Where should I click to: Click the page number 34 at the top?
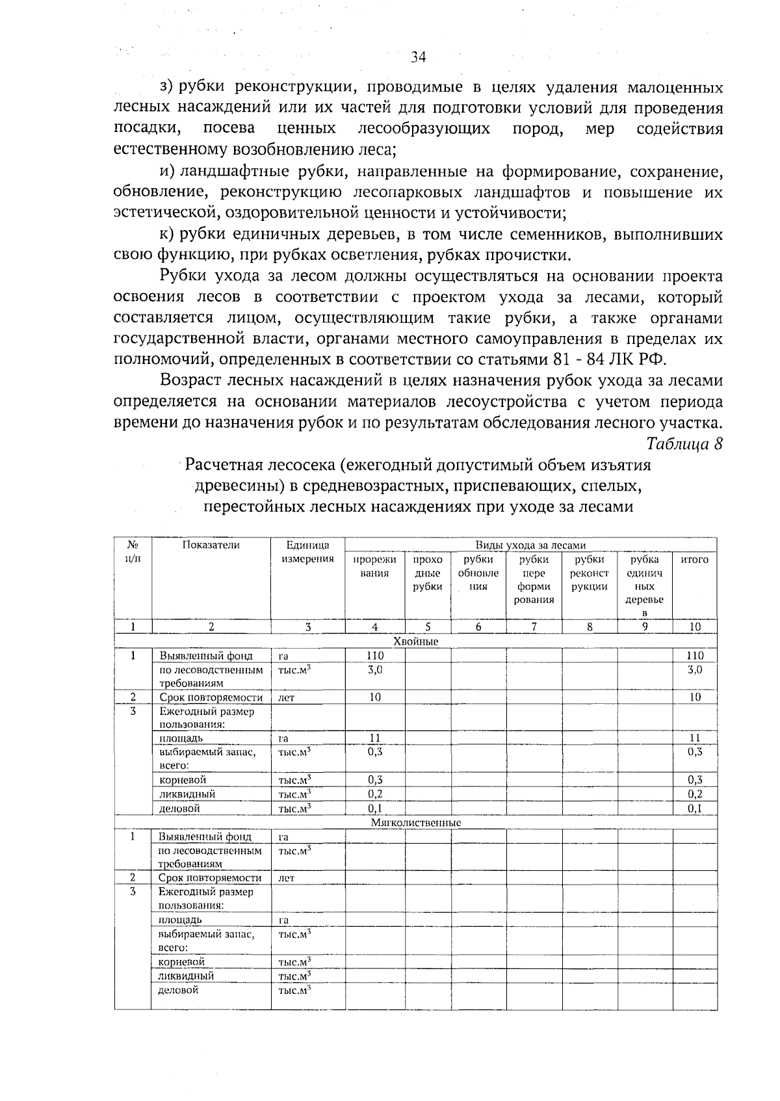(x=419, y=57)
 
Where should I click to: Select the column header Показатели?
(x=211, y=545)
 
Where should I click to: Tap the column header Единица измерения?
(x=307, y=552)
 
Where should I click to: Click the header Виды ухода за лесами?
(x=530, y=545)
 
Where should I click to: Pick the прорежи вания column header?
(x=374, y=566)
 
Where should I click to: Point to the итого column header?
(x=694, y=560)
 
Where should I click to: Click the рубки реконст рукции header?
(x=590, y=573)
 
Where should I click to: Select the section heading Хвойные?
(x=416, y=641)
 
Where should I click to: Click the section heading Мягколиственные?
(x=416, y=823)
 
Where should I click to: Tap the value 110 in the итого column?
(x=695, y=656)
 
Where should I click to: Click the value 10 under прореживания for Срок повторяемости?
(x=375, y=697)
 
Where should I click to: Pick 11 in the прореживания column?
(x=374, y=738)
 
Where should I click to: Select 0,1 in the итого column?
(x=695, y=809)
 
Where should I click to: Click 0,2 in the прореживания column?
(x=374, y=794)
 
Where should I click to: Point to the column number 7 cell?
(x=534, y=627)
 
